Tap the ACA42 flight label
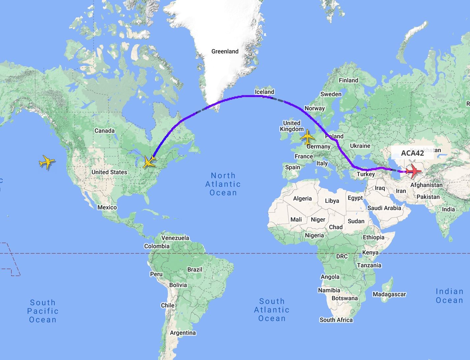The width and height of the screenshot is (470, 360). point(412,153)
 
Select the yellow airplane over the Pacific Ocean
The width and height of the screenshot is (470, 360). point(47,162)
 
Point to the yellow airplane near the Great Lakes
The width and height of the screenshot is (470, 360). point(149,161)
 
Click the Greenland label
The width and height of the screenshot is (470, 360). point(225,51)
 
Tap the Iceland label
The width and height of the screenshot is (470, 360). point(264,92)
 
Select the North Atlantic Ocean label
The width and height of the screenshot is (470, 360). point(223,184)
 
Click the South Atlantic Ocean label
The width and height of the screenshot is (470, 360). point(272,310)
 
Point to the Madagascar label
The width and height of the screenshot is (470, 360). point(389,294)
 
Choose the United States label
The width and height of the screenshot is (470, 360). point(109,172)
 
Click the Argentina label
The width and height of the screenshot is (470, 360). point(182,333)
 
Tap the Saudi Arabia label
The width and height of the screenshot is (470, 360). point(384,208)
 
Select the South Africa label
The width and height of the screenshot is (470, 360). point(336,320)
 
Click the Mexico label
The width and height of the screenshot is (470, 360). point(107,207)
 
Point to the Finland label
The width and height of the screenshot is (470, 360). point(348,80)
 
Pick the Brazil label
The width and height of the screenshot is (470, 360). point(195,270)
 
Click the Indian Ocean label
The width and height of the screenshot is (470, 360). point(449,296)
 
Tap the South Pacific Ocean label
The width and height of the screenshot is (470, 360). point(43,311)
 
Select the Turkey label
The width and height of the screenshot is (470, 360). point(366,174)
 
